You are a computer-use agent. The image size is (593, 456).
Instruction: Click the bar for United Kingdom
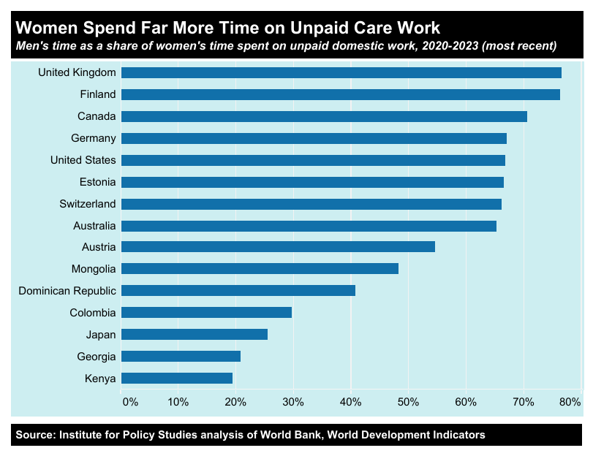pyautogui.click(x=341, y=72)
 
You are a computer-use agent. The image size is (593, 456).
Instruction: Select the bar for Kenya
pyautogui.click(x=177, y=378)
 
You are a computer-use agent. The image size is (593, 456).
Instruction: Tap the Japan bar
pyautogui.click(x=194, y=334)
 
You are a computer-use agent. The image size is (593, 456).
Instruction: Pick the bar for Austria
pyautogui.click(x=278, y=246)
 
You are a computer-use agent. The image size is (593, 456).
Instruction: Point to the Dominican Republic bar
pyautogui.click(x=238, y=290)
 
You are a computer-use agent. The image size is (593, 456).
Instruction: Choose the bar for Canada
pyautogui.click(x=324, y=116)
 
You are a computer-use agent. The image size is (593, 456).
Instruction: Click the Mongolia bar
pyautogui.click(x=260, y=268)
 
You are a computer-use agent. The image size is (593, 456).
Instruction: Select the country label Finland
pyautogui.click(x=97, y=94)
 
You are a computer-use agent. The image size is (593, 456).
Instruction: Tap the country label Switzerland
pyautogui.click(x=88, y=204)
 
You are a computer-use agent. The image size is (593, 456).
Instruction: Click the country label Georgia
pyautogui.click(x=97, y=357)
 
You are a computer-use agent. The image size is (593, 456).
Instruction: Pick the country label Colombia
pyautogui.click(x=93, y=313)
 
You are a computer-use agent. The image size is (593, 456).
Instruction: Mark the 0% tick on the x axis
pyautogui.click(x=130, y=402)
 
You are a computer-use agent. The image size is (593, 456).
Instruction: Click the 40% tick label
pyautogui.click(x=351, y=402)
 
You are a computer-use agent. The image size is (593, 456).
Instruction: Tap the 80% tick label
pyautogui.click(x=570, y=402)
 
